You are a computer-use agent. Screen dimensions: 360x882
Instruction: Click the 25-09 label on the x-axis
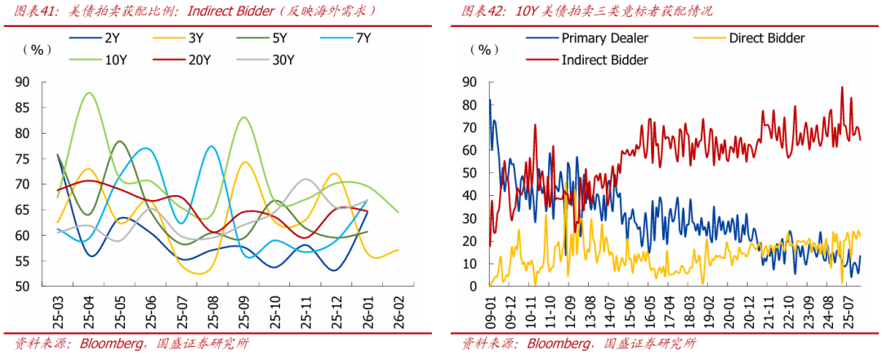click(x=243, y=309)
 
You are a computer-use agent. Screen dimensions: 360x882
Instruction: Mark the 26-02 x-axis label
click(x=399, y=309)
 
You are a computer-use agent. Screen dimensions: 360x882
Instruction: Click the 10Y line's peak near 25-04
click(x=87, y=93)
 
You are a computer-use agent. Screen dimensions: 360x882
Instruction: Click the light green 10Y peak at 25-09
click(x=243, y=118)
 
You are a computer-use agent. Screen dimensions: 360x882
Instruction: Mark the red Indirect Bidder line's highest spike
click(x=842, y=87)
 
